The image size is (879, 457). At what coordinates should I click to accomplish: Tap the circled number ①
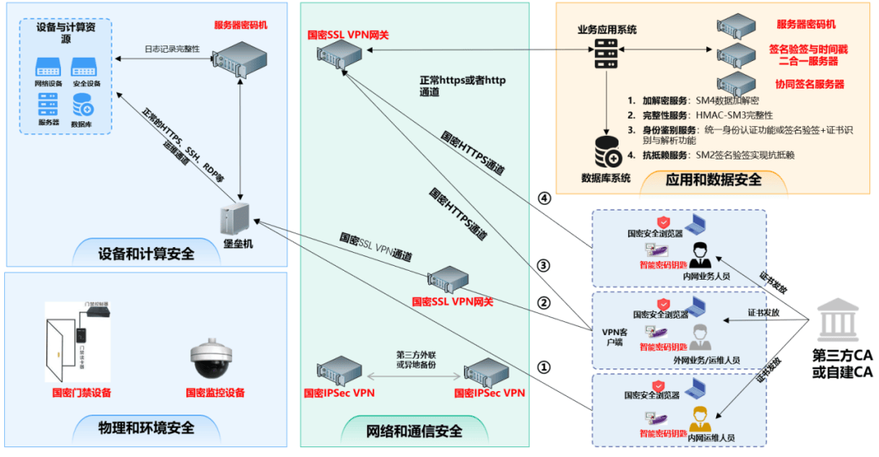544,368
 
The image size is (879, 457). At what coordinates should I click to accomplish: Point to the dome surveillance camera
213,359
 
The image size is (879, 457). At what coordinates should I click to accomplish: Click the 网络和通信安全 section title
414,431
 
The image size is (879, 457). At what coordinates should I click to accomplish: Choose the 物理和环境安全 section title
146,427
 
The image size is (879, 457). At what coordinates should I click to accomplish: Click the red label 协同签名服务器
809,84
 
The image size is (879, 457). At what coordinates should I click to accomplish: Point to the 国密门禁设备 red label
81,393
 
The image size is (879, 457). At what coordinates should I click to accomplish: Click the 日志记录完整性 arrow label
172,49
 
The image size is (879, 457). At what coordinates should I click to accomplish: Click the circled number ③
544,266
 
